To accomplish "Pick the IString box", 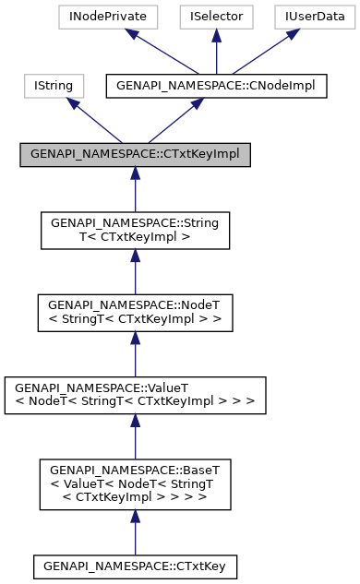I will [54, 87].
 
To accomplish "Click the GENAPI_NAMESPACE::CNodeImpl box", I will [217, 87].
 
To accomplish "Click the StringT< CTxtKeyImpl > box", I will [135, 231].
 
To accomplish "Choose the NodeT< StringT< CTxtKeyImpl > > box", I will [135, 313].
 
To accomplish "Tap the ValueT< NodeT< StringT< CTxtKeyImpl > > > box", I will [135, 394].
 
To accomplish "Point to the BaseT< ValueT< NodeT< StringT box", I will [135, 483].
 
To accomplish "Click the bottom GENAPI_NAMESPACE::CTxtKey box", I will [135, 565].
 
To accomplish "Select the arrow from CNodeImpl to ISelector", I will [215, 52].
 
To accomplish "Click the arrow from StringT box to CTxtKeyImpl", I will [135, 190].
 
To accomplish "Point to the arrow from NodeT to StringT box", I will [135, 272].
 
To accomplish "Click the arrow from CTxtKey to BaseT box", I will [135, 530].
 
